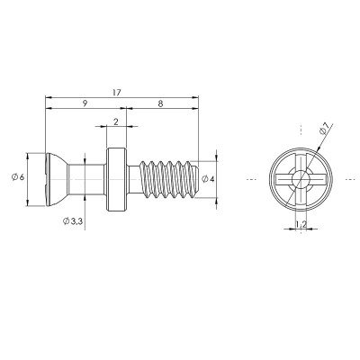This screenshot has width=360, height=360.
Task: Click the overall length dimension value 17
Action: (116, 93)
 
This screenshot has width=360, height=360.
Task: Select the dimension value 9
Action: (85, 103)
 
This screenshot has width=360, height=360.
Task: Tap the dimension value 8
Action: (160, 103)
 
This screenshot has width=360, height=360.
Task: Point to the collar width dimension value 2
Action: (116, 121)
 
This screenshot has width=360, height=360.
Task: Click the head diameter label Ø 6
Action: (18, 177)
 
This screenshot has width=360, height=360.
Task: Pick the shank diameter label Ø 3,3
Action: (73, 221)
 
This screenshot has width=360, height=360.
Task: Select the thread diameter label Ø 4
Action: (208, 179)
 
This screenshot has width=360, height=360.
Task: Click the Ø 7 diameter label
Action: (325, 130)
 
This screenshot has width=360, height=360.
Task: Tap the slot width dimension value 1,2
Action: (301, 224)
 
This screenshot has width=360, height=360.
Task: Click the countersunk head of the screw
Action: (56, 179)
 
